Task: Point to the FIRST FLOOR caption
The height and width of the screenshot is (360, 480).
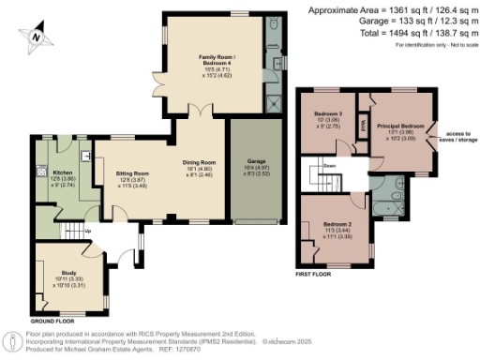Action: (316, 275)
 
